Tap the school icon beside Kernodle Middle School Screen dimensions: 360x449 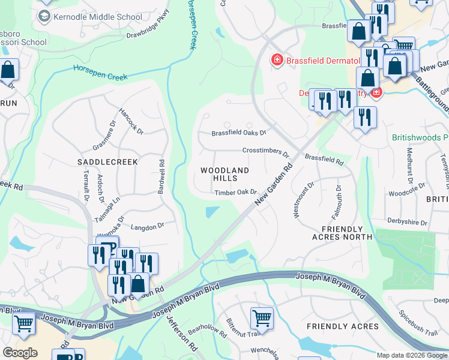pyautogui.click(x=44, y=16)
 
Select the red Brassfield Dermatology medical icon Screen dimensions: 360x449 pyautogui.click(x=277, y=59)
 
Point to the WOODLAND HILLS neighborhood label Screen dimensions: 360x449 pyautogui.click(x=224, y=175)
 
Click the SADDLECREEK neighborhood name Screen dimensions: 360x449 pyautogui.click(x=107, y=162)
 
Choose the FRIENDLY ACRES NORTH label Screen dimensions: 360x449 pyautogui.click(x=342, y=233)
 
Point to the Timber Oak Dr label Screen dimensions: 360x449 pyautogui.click(x=235, y=193)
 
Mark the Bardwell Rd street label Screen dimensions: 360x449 pyautogui.click(x=161, y=176)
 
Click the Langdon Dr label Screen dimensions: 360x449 pyautogui.click(x=147, y=226)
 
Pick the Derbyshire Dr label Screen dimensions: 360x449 pyautogui.click(x=407, y=223)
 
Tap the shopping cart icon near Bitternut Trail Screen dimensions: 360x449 pyautogui.click(x=262, y=318)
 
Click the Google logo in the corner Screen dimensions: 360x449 pyautogui.click(x=20, y=353)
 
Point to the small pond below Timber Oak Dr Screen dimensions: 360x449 pyautogui.click(x=212, y=212)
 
